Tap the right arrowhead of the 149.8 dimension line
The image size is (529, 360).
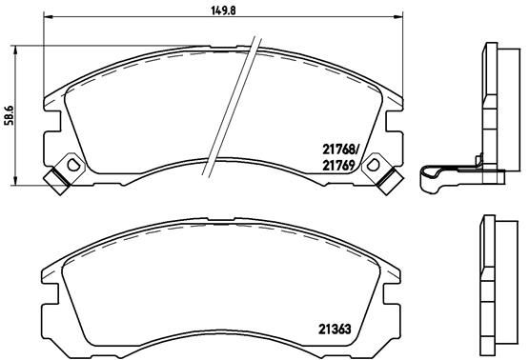click(397, 17)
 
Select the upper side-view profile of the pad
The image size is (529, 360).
click(494, 105)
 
